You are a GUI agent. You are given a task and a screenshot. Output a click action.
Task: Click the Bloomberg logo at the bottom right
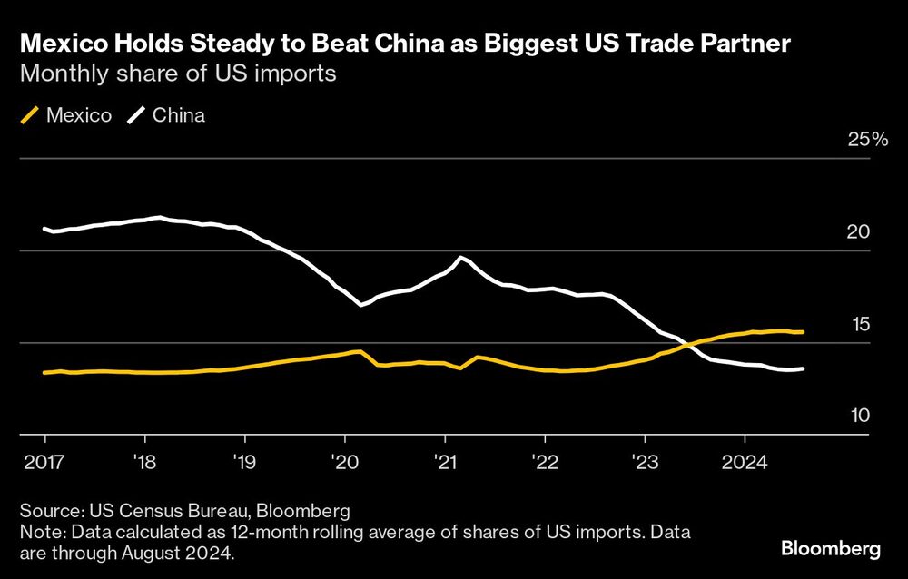(831, 548)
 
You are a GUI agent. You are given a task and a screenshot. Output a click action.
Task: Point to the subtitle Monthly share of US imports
(179, 74)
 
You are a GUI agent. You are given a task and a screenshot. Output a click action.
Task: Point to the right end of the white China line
(804, 368)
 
